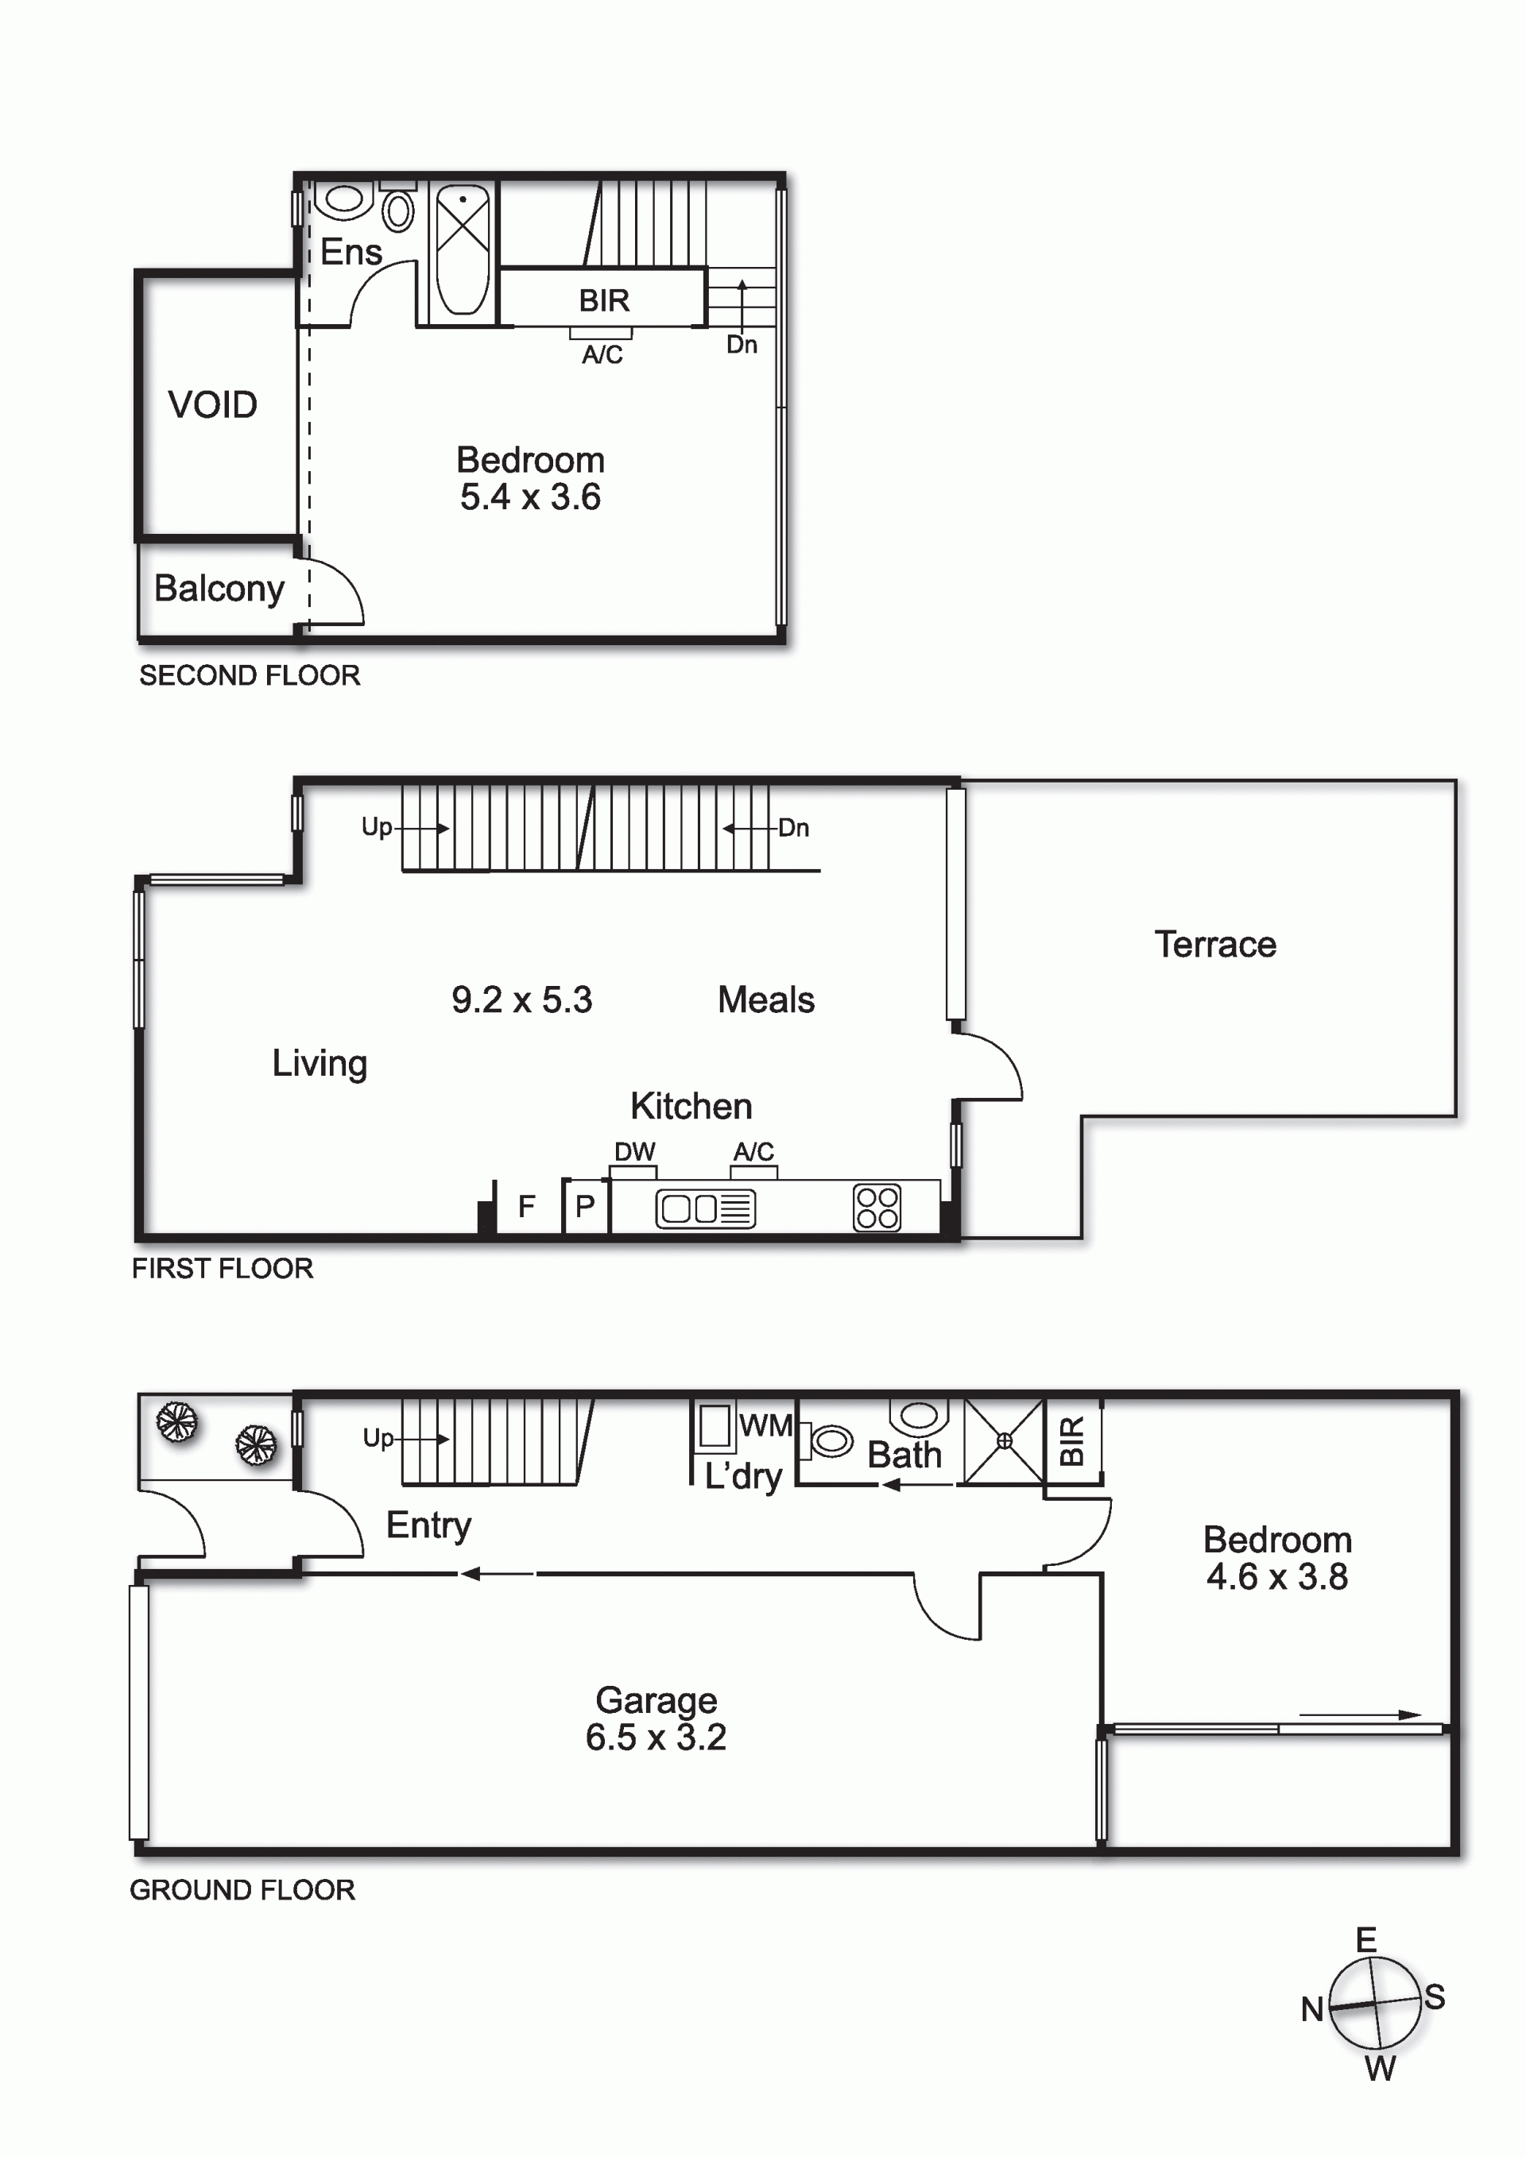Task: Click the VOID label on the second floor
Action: (212, 405)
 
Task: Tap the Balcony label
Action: (219, 589)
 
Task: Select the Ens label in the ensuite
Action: (351, 252)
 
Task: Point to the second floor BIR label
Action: (603, 300)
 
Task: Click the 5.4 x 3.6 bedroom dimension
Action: (530, 497)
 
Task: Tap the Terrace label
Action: (1215, 944)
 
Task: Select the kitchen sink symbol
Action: (705, 1209)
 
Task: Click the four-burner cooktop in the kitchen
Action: (877, 1208)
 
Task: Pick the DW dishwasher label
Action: (634, 1152)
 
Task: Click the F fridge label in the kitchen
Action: (526, 1205)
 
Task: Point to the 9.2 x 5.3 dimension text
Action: (521, 999)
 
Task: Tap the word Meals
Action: (766, 999)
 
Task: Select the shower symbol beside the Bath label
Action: (1005, 1441)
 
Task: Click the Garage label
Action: (656, 1700)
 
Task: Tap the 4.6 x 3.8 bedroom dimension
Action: (1277, 1576)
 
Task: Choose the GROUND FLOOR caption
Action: (242, 1890)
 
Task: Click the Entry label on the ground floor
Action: (428, 1525)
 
